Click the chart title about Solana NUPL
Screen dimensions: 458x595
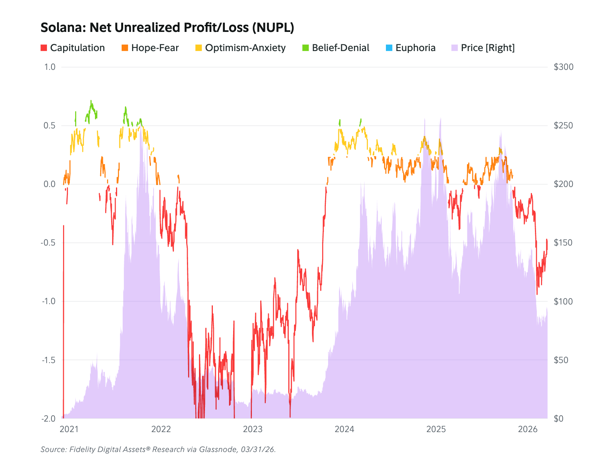pos(167,28)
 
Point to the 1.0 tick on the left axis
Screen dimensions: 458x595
pos(50,67)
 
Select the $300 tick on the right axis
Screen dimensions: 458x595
pos(563,67)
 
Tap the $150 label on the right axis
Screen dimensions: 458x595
pos(563,243)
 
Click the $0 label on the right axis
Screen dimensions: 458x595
pos(559,419)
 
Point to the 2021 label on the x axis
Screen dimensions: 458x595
pos(69,429)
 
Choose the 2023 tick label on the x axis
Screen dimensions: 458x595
pos(253,429)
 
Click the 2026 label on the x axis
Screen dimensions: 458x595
pos(527,429)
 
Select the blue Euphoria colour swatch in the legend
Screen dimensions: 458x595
pos(389,48)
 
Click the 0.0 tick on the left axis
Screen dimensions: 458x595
pos(50,184)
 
